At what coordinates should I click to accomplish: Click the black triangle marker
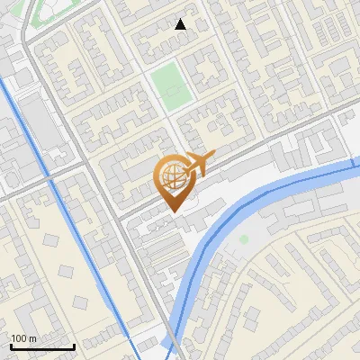[181, 24]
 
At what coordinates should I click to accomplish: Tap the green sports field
[167, 84]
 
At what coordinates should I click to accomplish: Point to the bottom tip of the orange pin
[172, 211]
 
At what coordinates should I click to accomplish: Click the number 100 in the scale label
[19, 338]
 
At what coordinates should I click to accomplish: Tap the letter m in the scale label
[32, 338]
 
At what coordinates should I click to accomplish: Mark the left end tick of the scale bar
[10, 346]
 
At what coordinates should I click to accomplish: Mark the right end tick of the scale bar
[75, 346]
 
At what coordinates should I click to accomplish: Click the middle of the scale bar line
[42, 347]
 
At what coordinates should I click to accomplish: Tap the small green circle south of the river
[244, 239]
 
